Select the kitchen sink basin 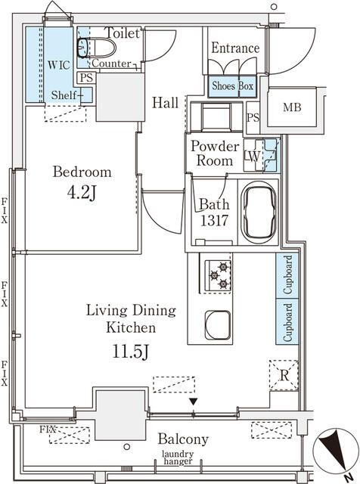(x=217, y=327)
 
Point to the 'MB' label (x=293, y=108)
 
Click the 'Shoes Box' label (x=232, y=86)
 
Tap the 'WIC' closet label (x=58, y=66)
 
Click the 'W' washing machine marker (x=253, y=156)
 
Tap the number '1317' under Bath (x=213, y=222)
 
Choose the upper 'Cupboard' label (x=288, y=275)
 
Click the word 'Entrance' (x=234, y=48)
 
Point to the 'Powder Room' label (x=214, y=153)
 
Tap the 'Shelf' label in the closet (x=65, y=95)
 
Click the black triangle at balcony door (x=193, y=402)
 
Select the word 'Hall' (x=165, y=103)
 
